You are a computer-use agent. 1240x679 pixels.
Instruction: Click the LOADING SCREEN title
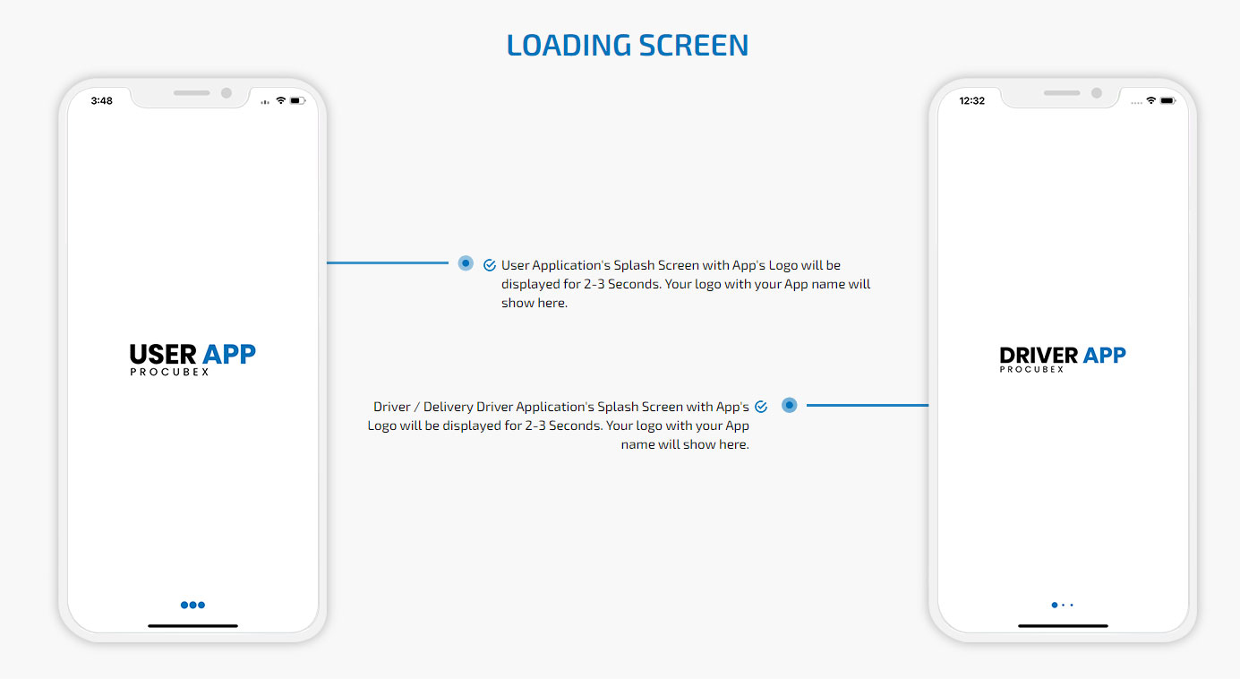click(628, 45)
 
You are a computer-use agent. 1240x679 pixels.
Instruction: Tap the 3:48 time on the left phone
click(102, 101)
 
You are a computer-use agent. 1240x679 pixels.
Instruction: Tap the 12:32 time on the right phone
click(972, 101)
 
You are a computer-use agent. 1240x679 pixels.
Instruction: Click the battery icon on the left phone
click(298, 101)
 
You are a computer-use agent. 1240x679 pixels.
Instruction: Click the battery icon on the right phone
click(1168, 101)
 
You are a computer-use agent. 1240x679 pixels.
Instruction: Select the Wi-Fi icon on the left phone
click(280, 100)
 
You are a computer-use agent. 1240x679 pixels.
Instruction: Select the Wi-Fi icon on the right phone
click(1150, 100)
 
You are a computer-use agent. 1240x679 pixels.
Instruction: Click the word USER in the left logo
click(163, 355)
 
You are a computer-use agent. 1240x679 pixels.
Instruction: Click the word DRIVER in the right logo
click(1039, 355)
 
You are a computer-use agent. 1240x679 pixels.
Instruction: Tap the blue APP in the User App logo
click(229, 355)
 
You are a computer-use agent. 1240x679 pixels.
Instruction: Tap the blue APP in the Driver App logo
click(1105, 355)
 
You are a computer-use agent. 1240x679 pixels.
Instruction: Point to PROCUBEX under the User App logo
click(169, 372)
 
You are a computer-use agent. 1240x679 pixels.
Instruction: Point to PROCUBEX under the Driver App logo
click(1032, 369)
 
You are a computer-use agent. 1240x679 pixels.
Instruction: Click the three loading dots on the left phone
click(192, 605)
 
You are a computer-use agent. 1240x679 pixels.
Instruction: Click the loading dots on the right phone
click(1063, 605)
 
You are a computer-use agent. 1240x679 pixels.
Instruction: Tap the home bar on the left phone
click(192, 626)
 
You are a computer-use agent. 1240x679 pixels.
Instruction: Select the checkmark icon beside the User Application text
click(490, 265)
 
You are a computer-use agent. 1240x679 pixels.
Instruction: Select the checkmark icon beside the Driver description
click(761, 407)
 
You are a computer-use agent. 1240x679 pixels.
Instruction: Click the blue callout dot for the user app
click(466, 263)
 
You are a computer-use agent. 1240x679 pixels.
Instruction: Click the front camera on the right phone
click(1097, 93)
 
